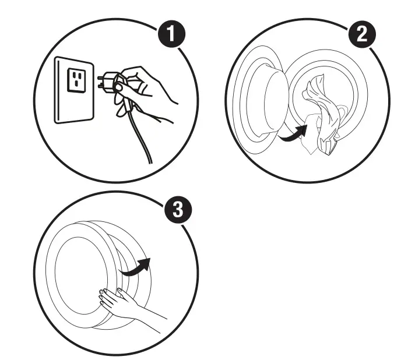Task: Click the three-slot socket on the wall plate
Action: (x=76, y=80)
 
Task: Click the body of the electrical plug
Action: (x=114, y=85)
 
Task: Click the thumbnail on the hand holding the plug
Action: (x=120, y=87)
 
